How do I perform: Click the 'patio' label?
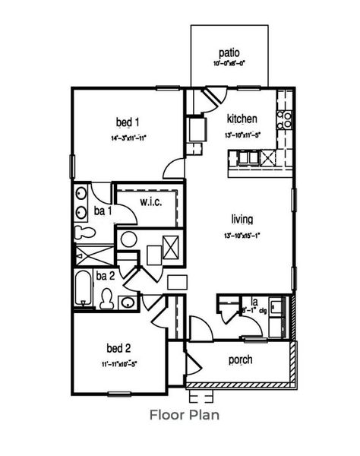click(229, 52)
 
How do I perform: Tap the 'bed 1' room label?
click(127, 122)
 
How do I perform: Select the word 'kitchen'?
click(242, 119)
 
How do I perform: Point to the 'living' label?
click(242, 220)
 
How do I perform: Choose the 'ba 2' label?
click(105, 276)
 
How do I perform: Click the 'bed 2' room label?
click(118, 348)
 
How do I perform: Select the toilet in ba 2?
click(107, 297)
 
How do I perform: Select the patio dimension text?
click(229, 65)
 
